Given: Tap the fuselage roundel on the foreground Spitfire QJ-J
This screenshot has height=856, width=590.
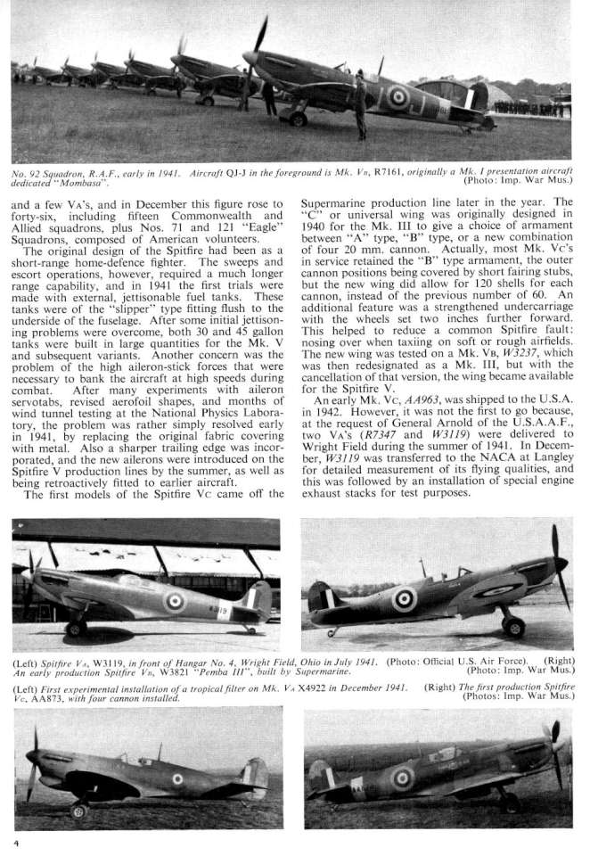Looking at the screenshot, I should (397, 96).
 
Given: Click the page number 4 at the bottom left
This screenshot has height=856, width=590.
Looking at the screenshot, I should (15, 841).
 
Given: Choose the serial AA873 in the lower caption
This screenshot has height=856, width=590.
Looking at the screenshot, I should (53, 699).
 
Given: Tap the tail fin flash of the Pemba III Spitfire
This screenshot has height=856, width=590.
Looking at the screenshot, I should (319, 594).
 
